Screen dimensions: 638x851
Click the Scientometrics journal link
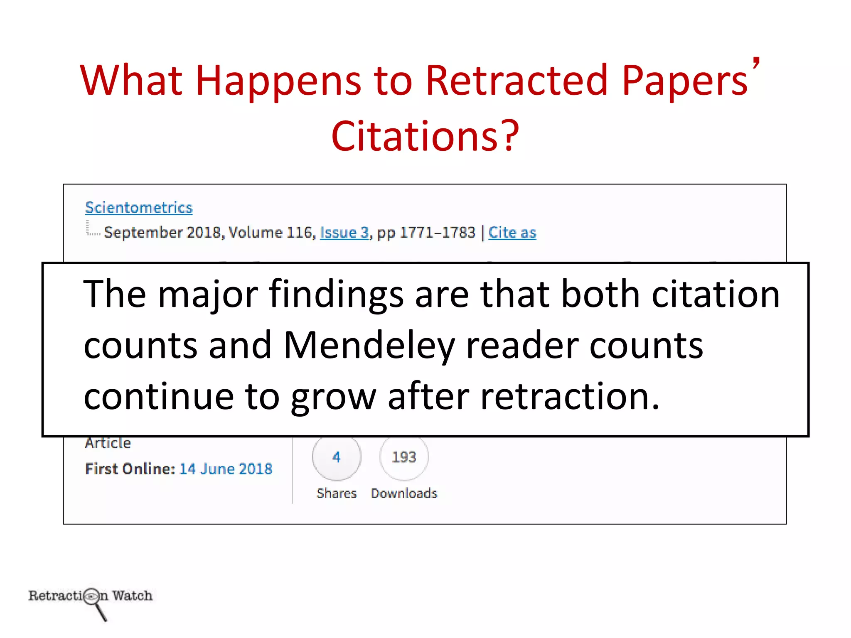click(x=139, y=207)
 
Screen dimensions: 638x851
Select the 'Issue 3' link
click(x=344, y=232)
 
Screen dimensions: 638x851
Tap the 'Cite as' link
click(x=512, y=232)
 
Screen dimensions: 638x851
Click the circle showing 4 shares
click(x=337, y=457)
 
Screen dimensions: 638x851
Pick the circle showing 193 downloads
click(x=404, y=457)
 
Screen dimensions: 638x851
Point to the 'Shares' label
click(x=337, y=493)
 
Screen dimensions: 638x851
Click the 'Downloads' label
click(x=404, y=493)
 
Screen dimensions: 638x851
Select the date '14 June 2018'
click(x=226, y=469)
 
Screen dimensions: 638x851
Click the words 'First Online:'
click(x=130, y=469)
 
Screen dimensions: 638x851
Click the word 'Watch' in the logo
click(x=132, y=596)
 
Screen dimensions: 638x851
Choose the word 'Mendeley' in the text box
click(x=369, y=346)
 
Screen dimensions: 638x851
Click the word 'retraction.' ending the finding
click(x=569, y=397)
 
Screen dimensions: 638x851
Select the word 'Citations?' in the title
click(x=425, y=135)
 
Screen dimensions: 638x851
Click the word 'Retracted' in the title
click(x=517, y=80)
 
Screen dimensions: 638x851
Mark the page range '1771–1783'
click(x=437, y=232)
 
